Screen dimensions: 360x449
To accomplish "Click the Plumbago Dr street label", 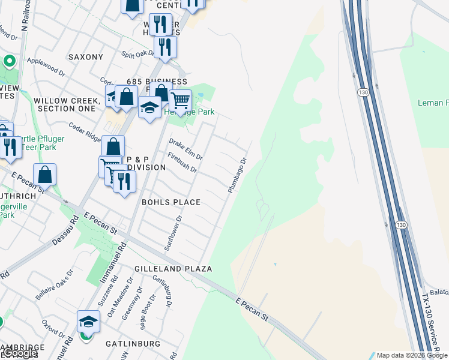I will click(237, 175).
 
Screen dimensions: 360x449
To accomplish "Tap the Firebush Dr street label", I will click(182, 162).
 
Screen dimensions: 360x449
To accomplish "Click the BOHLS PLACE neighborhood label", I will click(170, 202).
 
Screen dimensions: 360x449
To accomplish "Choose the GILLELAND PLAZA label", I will click(173, 268).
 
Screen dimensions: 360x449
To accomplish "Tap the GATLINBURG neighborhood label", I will click(133, 344).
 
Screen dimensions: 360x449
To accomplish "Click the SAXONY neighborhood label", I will click(86, 57).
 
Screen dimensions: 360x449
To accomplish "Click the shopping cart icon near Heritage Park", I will click(180, 100).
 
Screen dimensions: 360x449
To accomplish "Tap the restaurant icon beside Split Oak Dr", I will click(164, 47).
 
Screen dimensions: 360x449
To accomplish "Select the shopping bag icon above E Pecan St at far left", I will click(45, 175).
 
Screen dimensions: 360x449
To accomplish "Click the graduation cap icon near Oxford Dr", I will click(88, 322).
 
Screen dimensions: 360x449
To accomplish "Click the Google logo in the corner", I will click(20, 353).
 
